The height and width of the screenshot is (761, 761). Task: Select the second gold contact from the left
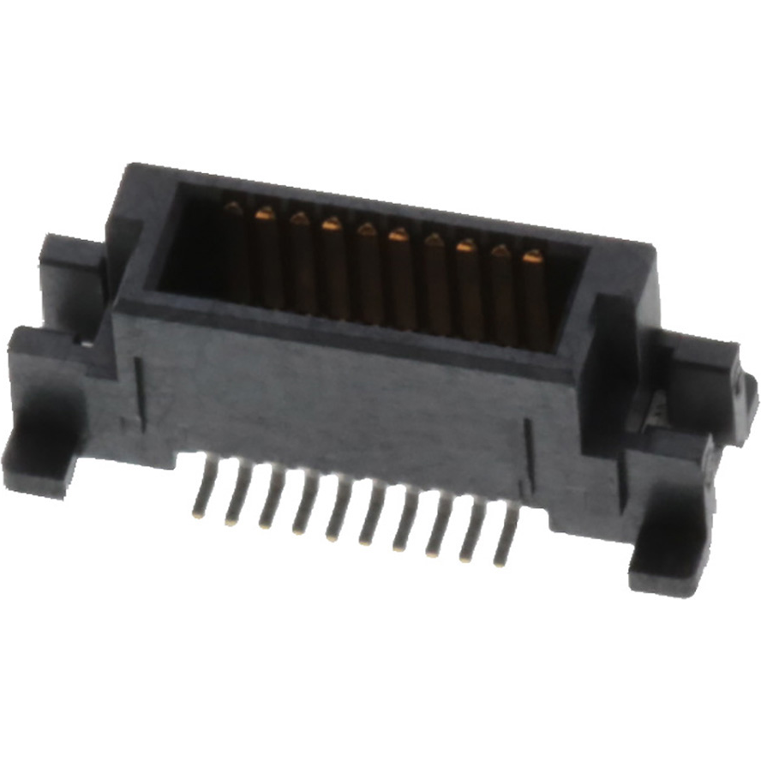(267, 257)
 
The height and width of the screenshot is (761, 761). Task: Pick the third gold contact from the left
(301, 263)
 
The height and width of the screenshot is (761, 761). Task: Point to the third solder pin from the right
(439, 529)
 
